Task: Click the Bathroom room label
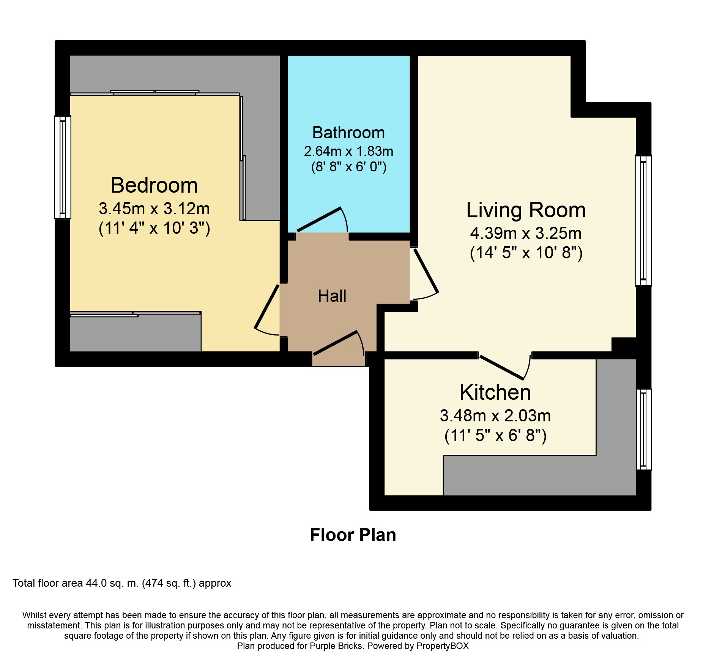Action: pos(348,133)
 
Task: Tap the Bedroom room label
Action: pos(154,185)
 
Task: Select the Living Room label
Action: pos(526,210)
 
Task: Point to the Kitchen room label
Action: pos(495,392)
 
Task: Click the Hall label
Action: pos(332,296)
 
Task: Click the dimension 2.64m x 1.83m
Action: pos(348,151)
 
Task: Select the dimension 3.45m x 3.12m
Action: pos(154,209)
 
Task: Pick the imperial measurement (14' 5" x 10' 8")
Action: pos(526,253)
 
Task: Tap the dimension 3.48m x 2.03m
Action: pos(495,416)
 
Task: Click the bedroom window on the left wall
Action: pos(63,167)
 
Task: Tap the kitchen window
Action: pos(643,429)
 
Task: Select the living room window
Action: pos(643,220)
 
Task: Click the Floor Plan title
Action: pos(353,535)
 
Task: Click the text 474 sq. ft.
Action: pos(169,583)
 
